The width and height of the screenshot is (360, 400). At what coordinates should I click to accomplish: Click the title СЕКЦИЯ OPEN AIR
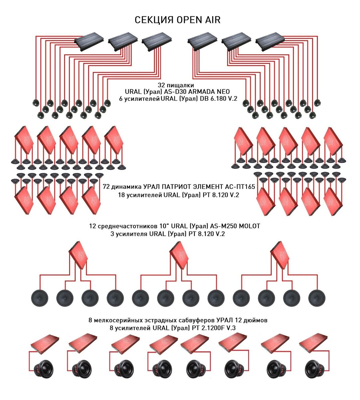(x=178, y=20)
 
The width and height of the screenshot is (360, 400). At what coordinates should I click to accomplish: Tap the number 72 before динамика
(x=107, y=187)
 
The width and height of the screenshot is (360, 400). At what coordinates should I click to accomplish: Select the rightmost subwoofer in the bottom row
(x=314, y=371)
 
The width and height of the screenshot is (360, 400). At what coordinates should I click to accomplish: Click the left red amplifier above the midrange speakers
(x=78, y=255)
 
